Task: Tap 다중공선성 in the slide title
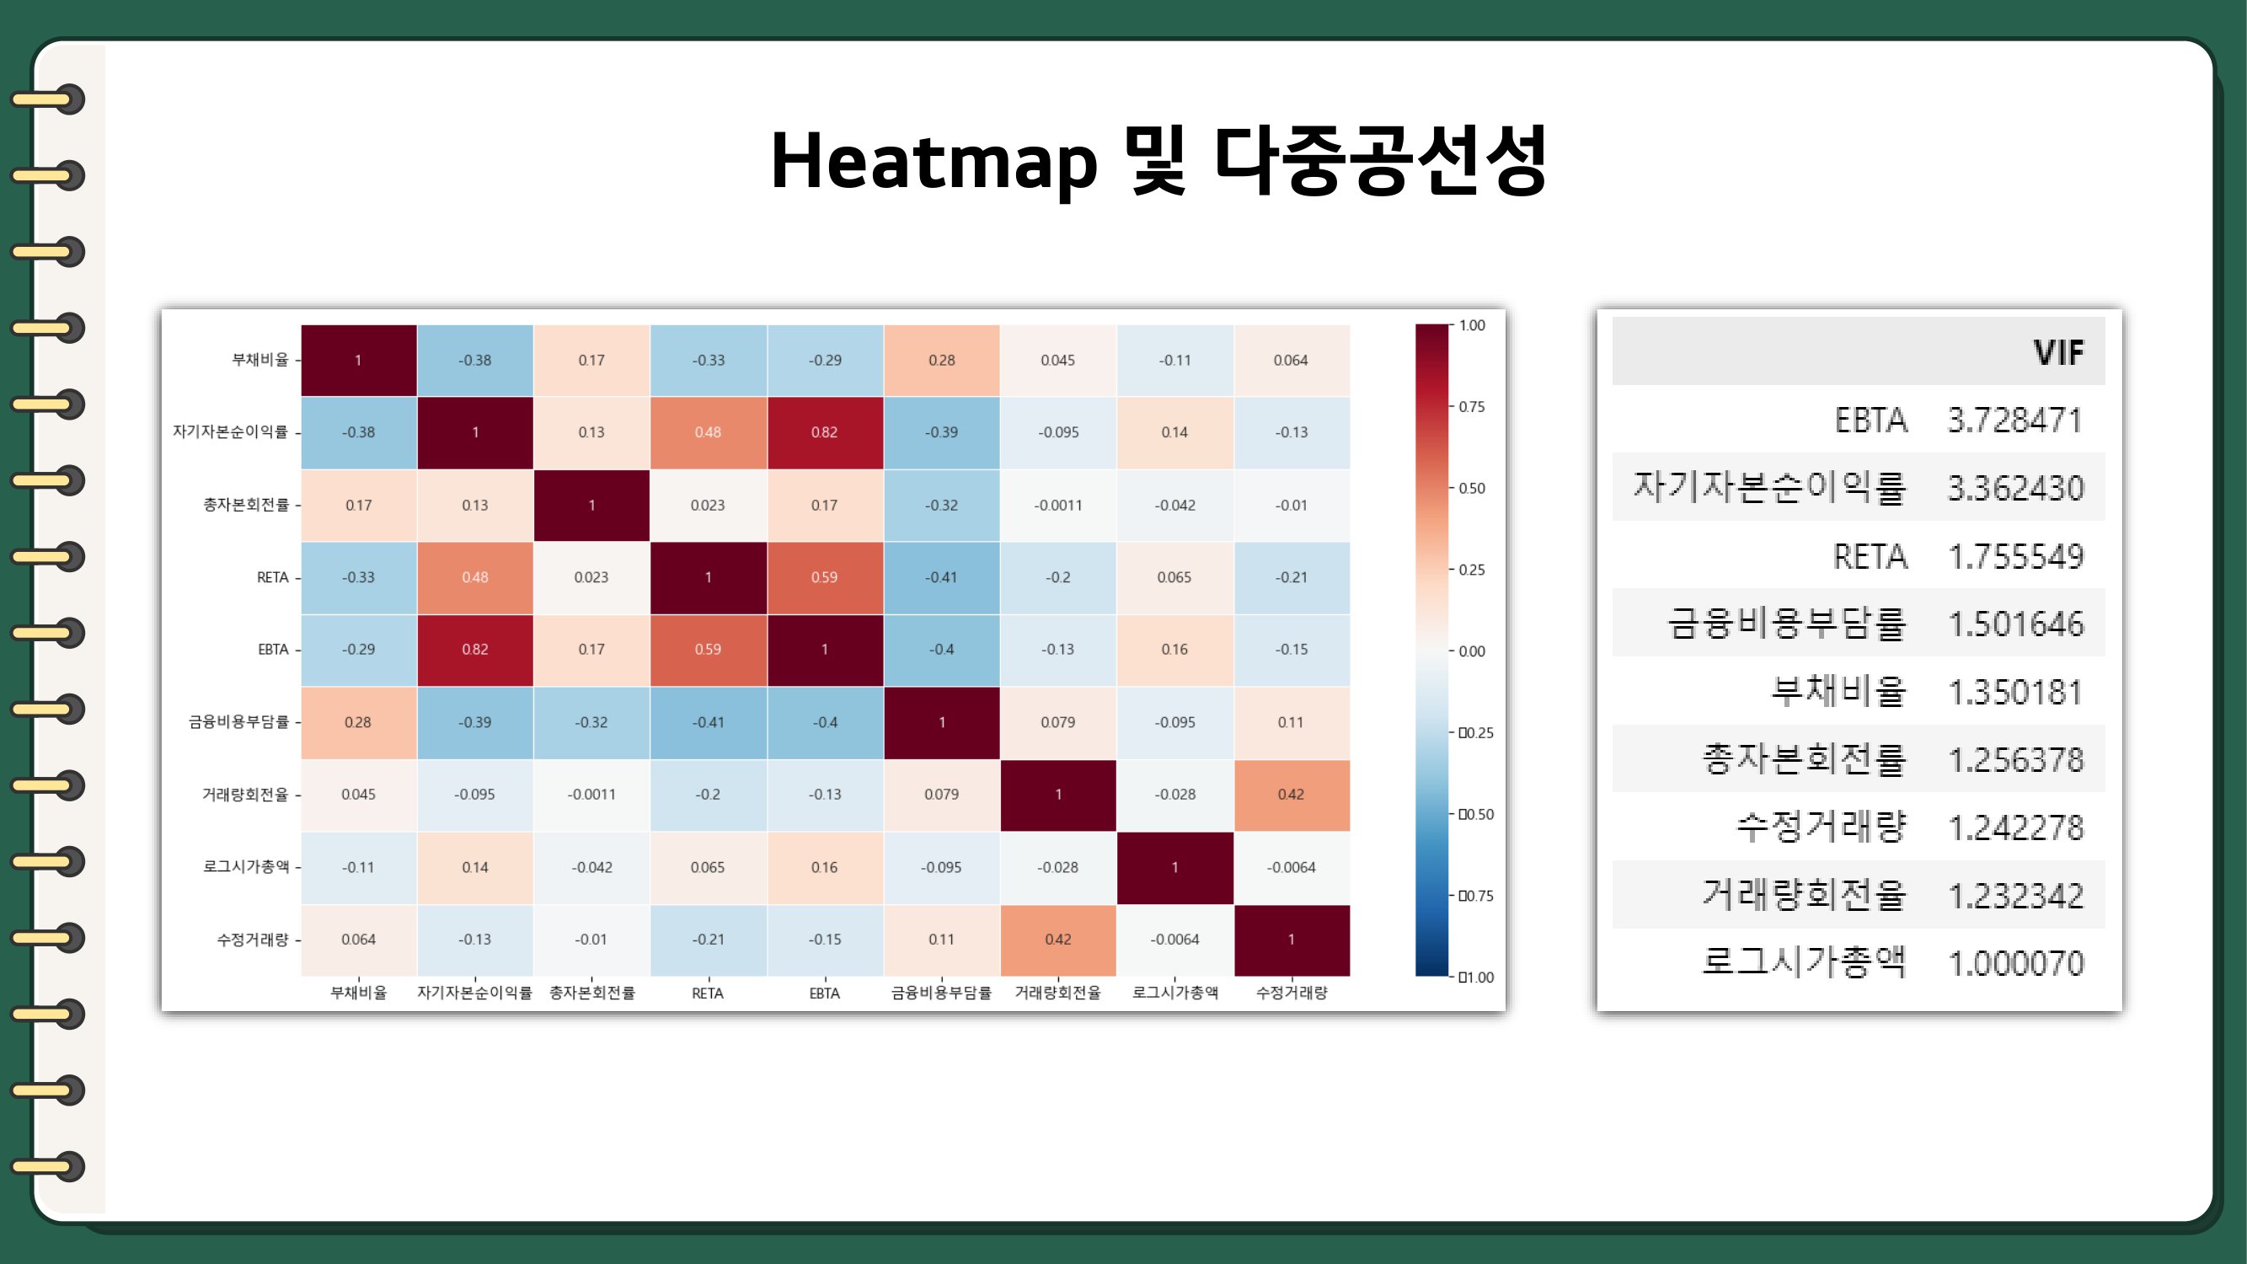pyautogui.click(x=1381, y=159)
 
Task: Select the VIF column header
pyautogui.click(x=2058, y=351)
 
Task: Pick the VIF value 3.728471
pyautogui.click(x=2015, y=420)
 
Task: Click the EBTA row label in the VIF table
pyautogui.click(x=1870, y=420)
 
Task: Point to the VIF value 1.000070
pyautogui.click(x=2016, y=963)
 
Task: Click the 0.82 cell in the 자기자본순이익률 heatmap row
pyautogui.click(x=824, y=432)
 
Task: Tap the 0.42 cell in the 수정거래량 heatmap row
pyautogui.click(x=1058, y=940)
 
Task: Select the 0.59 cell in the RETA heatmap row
pyautogui.click(x=824, y=577)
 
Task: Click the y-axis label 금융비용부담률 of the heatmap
pyautogui.click(x=238, y=721)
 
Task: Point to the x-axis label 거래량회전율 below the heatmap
pyautogui.click(x=1058, y=993)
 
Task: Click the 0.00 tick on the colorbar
pyautogui.click(x=1472, y=651)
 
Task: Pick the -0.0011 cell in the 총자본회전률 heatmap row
pyautogui.click(x=1058, y=505)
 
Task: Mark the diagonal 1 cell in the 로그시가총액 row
pyautogui.click(x=1175, y=867)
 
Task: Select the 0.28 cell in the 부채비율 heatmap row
pyautogui.click(x=941, y=361)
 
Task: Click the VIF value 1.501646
pyautogui.click(x=2016, y=624)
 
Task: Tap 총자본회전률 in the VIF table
pyautogui.click(x=1804, y=758)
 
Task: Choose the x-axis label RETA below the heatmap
pyautogui.click(x=708, y=993)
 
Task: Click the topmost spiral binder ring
pyautogui.click(x=49, y=99)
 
